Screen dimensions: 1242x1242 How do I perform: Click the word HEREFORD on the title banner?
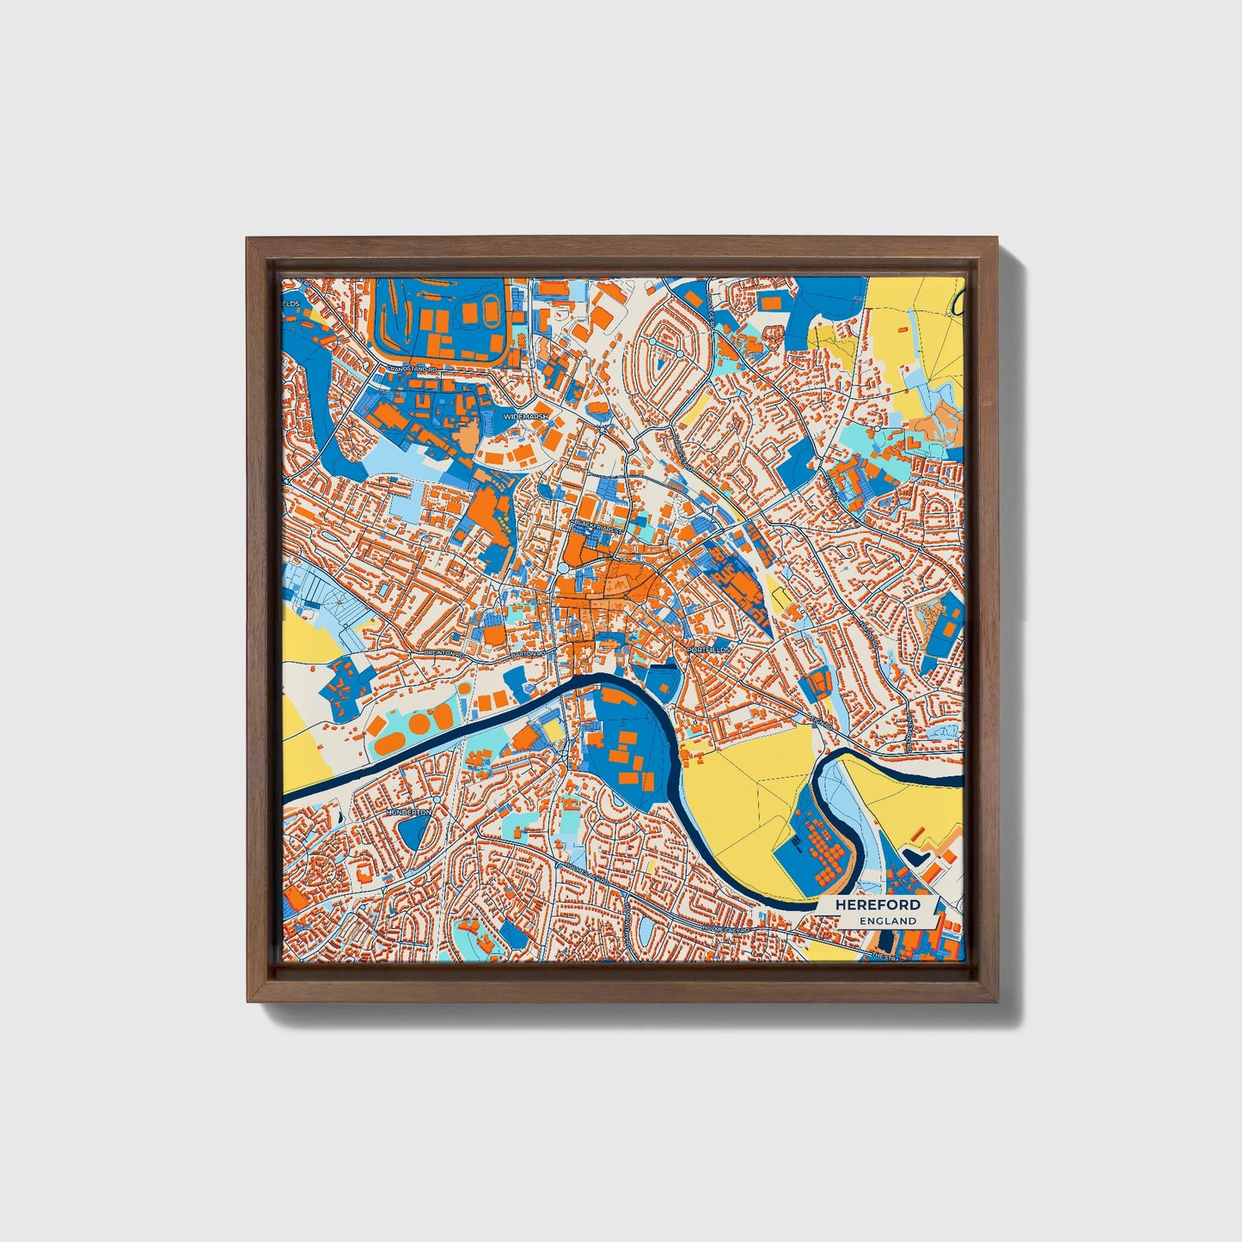(872, 904)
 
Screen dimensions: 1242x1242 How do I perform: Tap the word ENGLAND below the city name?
(887, 921)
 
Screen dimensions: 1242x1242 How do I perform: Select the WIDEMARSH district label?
(525, 415)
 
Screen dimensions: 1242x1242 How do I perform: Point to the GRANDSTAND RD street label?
(412, 368)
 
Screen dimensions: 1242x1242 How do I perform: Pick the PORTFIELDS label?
(708, 650)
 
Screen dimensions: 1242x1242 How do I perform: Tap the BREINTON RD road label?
(445, 653)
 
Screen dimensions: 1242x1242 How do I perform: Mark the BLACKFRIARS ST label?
(596, 523)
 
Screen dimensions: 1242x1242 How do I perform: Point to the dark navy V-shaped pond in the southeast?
(915, 857)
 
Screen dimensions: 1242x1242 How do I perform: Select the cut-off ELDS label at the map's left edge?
(289, 303)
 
